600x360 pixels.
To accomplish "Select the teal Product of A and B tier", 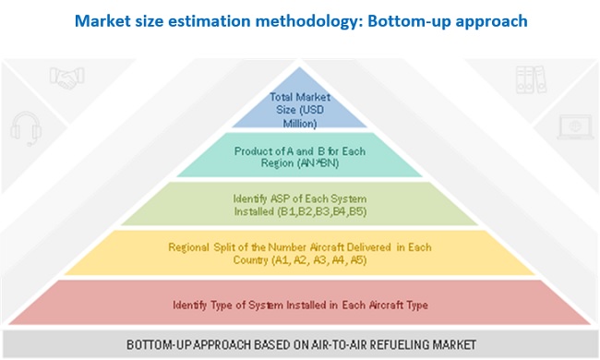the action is [x=300, y=155].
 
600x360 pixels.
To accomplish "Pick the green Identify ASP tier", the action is [x=300, y=203].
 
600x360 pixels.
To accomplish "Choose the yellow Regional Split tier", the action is [x=300, y=253].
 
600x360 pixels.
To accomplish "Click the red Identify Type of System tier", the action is [x=300, y=303].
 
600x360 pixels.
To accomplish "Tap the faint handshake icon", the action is [x=67, y=78].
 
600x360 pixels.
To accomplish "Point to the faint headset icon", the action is [x=26, y=128].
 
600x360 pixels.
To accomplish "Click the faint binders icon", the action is [x=531, y=79].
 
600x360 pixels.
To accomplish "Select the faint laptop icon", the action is [x=575, y=127].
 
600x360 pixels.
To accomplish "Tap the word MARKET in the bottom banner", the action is [x=454, y=344].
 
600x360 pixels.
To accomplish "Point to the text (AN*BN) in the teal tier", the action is [x=320, y=163].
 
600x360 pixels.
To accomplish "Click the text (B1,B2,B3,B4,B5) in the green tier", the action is [x=322, y=211].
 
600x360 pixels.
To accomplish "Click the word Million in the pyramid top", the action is [x=300, y=124].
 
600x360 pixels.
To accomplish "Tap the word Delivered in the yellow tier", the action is [x=366, y=247].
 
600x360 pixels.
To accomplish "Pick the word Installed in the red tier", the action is [x=306, y=305].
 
